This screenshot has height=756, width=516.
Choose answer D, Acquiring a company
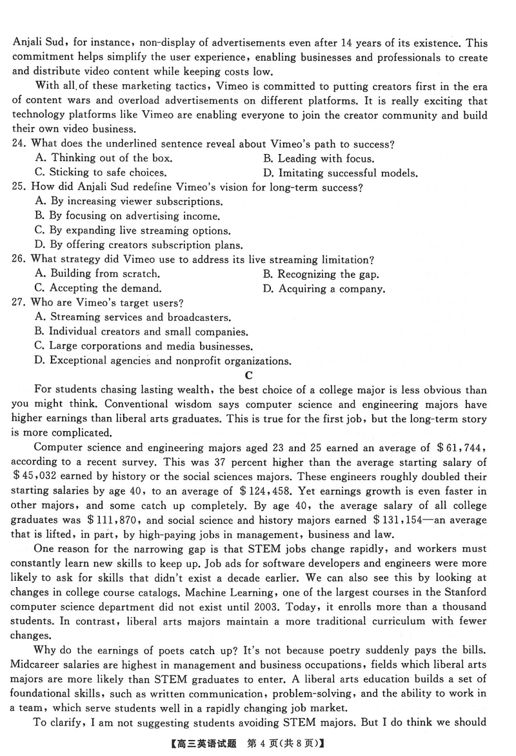coord(324,289)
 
